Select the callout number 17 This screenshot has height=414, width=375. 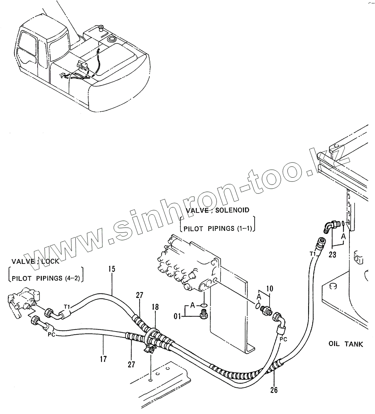coord(103,359)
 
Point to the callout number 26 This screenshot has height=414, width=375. coord(274,390)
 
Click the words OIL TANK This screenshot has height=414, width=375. coord(345,344)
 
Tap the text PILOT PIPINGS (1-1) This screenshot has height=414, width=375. coord(217,228)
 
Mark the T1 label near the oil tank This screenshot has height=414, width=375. coord(312,254)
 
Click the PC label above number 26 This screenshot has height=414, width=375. coord(283,339)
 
